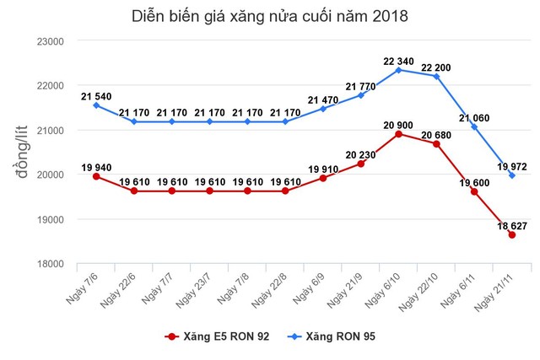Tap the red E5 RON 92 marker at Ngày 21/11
point(511,235)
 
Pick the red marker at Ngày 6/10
point(397,134)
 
